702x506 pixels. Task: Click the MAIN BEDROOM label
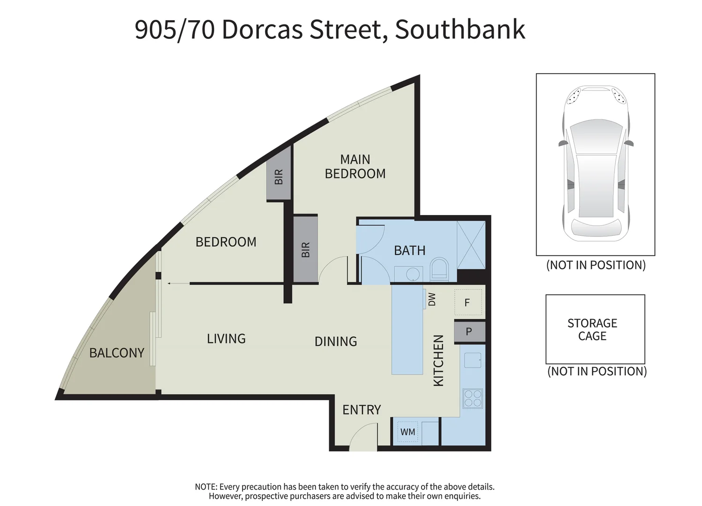tap(355, 166)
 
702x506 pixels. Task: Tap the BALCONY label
tap(117, 353)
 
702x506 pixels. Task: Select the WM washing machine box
tap(407, 432)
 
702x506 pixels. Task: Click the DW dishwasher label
tap(432, 299)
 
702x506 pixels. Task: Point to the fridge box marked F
tap(467, 303)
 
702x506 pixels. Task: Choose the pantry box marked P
tap(469, 332)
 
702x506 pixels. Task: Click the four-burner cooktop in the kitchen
tap(472, 398)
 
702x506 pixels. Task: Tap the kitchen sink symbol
tap(473, 360)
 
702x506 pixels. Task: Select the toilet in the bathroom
tap(439, 270)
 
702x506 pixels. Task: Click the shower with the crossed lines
tap(471, 245)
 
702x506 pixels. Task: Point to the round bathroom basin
tap(413, 274)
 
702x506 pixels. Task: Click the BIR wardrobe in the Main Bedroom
tap(305, 249)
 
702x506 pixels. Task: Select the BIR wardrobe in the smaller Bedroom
tap(279, 177)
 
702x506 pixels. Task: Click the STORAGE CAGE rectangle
tap(595, 329)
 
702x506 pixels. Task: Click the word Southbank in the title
tap(460, 29)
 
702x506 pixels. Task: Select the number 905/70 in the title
tap(175, 29)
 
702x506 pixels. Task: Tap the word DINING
tap(335, 342)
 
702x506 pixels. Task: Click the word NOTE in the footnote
tap(206, 487)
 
